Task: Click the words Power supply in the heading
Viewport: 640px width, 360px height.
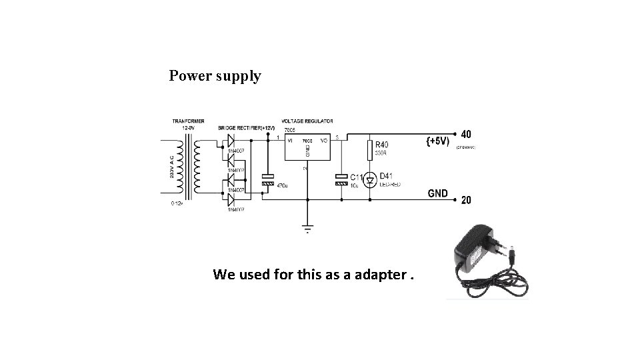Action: point(215,76)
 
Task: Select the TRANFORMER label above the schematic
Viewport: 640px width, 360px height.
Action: point(189,121)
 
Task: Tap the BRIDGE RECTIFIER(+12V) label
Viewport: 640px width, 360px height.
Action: point(246,127)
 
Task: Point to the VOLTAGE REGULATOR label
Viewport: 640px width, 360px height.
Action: point(308,121)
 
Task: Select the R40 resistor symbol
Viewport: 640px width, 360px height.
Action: point(368,149)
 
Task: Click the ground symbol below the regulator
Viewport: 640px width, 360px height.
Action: point(307,227)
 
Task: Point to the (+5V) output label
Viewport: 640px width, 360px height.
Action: point(437,141)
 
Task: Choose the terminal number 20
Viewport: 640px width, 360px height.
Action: point(465,199)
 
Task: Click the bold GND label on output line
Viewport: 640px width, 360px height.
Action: point(437,193)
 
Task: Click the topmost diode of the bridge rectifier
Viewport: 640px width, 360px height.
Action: point(231,141)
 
